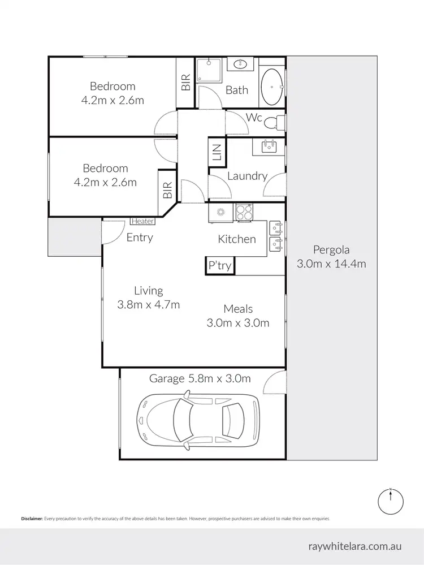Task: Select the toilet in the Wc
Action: tap(275, 122)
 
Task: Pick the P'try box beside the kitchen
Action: tap(220, 266)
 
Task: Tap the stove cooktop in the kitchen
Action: tap(244, 212)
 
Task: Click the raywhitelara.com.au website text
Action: tap(355, 546)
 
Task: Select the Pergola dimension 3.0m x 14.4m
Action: tap(331, 264)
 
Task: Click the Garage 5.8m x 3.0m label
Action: tap(200, 378)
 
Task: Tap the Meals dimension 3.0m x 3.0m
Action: tap(237, 323)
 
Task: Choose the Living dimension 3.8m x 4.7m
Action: tap(148, 305)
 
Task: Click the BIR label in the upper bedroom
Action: tap(185, 83)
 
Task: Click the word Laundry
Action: tap(247, 176)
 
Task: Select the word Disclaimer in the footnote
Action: tap(32, 518)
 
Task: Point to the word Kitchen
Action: tap(237, 239)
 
